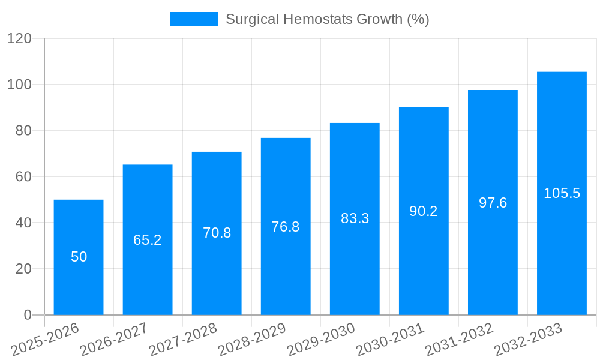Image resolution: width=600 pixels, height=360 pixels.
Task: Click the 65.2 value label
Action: pyautogui.click(x=148, y=240)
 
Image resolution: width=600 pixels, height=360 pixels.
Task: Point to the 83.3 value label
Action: pyautogui.click(x=355, y=218)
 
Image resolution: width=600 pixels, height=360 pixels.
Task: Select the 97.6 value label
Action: pyautogui.click(x=493, y=203)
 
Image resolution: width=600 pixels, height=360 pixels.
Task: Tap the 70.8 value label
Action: pyautogui.click(x=217, y=233)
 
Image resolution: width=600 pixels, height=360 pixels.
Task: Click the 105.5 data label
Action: pyautogui.click(x=562, y=193)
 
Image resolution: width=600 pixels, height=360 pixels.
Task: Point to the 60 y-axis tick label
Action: pyautogui.click(x=23, y=177)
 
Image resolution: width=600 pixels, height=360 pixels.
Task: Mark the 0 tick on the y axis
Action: pyautogui.click(x=27, y=315)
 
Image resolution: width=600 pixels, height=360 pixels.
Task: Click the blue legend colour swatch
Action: pyautogui.click(x=194, y=19)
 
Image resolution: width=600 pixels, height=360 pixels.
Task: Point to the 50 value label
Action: pyautogui.click(x=79, y=257)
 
